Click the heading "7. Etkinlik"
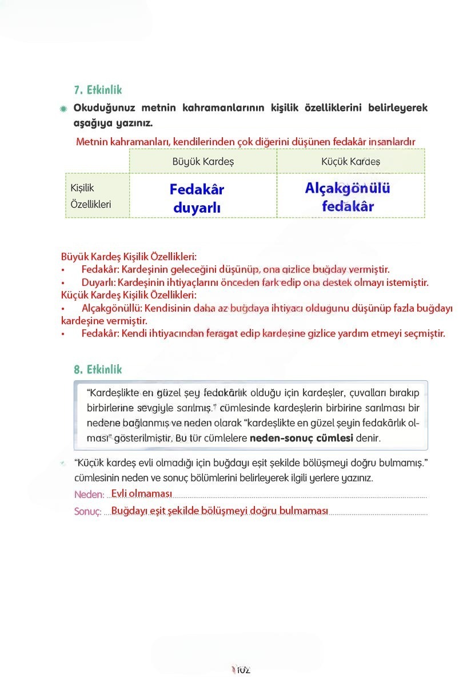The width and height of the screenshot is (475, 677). click(98, 90)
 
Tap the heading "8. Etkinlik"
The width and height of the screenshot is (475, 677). click(98, 370)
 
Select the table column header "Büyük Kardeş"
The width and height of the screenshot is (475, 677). click(203, 162)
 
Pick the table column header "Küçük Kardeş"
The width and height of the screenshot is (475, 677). click(350, 162)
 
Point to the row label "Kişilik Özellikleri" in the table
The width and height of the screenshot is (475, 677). click(90, 196)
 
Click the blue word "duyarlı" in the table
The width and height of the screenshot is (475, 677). click(197, 208)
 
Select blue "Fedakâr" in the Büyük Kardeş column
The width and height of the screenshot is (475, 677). click(197, 189)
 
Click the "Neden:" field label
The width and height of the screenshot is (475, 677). click(89, 495)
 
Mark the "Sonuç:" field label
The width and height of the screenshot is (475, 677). click(88, 512)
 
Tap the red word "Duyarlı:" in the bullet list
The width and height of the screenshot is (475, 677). click(98, 283)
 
